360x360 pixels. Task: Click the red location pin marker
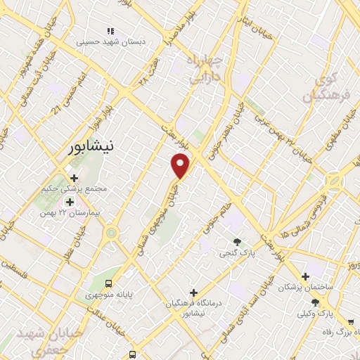181,165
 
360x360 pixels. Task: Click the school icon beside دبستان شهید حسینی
110,31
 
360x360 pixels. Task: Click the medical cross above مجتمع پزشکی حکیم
74,177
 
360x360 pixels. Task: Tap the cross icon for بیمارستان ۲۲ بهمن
69,202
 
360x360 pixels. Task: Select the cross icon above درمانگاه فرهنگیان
194,292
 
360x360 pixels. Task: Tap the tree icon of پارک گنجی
237,241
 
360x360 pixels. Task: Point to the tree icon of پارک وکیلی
315,302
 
